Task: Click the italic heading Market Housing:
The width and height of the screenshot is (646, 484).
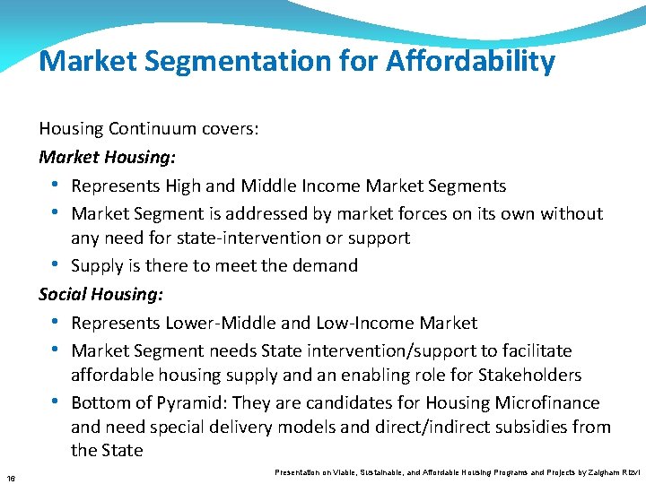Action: click(x=107, y=157)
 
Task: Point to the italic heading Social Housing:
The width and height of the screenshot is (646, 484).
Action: click(x=100, y=293)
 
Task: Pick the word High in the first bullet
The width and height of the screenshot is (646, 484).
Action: click(x=184, y=186)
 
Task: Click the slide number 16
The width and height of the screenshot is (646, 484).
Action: click(x=9, y=475)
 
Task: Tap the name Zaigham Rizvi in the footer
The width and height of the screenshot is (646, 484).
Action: click(x=614, y=471)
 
